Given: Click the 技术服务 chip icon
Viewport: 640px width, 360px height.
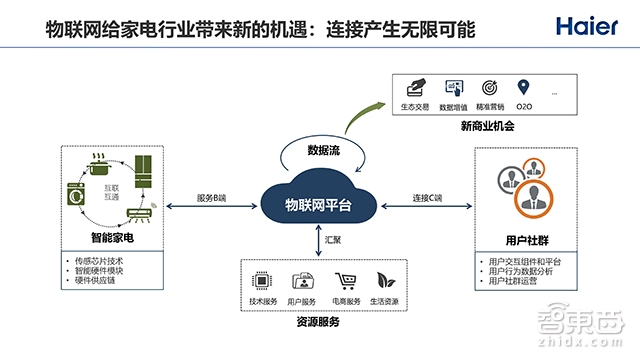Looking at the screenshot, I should (260, 281).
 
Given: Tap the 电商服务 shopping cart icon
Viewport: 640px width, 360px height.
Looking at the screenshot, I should (345, 281).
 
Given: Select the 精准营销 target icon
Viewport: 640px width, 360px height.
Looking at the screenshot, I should (490, 88).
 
